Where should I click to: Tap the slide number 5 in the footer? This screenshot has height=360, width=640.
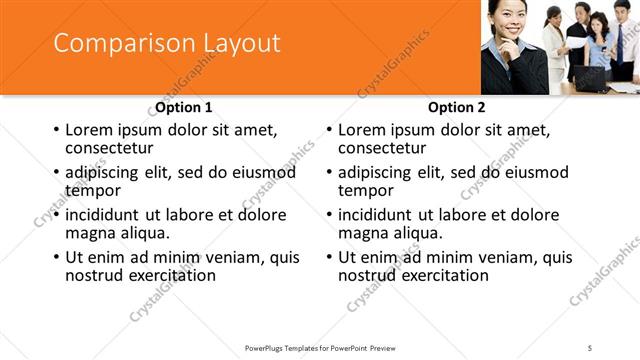click(x=590, y=347)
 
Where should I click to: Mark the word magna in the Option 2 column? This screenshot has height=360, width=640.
click(x=364, y=233)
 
